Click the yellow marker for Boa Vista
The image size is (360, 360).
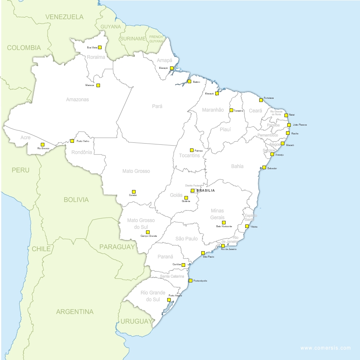pos(100,47)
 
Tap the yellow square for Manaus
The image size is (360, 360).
pos(98,85)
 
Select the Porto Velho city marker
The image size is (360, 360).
pos(72,141)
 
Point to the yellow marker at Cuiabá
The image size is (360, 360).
pos(134,192)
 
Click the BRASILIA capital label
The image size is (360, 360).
pos(205,191)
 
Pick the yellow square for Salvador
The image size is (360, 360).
pos(264,168)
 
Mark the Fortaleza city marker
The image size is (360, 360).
pos(261,100)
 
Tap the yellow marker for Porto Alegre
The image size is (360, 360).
pos(169,300)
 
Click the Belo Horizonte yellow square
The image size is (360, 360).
pos(224,222)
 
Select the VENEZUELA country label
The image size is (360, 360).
pos(64,17)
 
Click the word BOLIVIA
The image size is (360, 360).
pos(76,200)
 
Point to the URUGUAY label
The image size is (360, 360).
pos(136,321)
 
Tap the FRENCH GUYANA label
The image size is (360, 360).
pos(156,39)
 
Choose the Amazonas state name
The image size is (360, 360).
pos(78,100)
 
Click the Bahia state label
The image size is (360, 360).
pos(237,166)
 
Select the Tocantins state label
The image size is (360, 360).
pos(189,156)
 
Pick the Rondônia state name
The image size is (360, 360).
pos(82,152)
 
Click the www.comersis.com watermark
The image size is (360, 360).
pos(325,348)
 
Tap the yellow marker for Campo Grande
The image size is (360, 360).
pos(148,232)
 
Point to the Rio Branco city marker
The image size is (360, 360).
pos(42,144)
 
